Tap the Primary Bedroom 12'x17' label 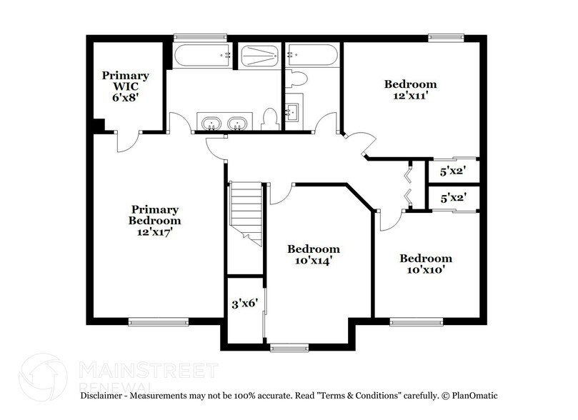click(x=154, y=220)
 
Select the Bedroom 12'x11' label click(x=409, y=89)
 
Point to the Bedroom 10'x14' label click(x=313, y=255)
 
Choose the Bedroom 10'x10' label click(x=425, y=264)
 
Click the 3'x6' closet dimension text click(x=244, y=303)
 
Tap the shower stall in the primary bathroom click(x=259, y=56)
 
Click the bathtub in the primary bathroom click(x=202, y=56)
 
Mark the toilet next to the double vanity click(x=269, y=118)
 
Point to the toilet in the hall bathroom click(x=296, y=79)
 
